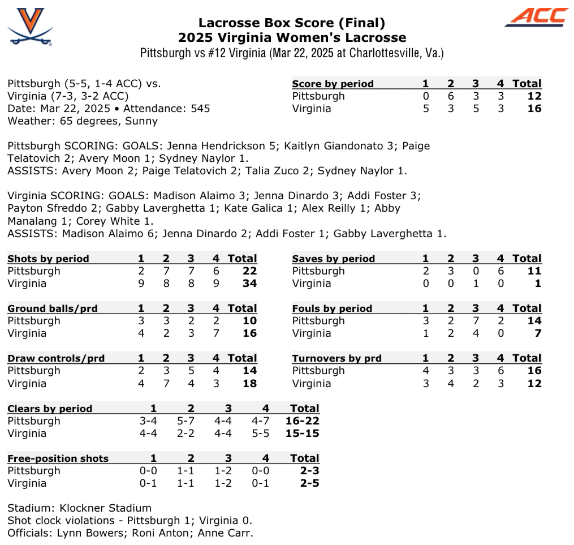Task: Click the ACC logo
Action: click(536, 17)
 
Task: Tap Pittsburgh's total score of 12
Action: click(534, 96)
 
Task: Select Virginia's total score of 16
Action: click(534, 109)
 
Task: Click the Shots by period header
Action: click(48, 259)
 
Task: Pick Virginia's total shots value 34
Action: click(249, 284)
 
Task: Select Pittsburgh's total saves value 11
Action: click(534, 271)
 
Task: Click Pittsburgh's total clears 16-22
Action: click(302, 421)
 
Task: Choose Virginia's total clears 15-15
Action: click(302, 434)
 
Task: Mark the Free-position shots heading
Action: click(58, 458)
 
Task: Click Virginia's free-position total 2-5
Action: click(308, 483)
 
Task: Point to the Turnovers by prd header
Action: click(336, 358)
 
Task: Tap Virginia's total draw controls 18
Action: click(249, 384)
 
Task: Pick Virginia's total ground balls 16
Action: click(249, 333)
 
